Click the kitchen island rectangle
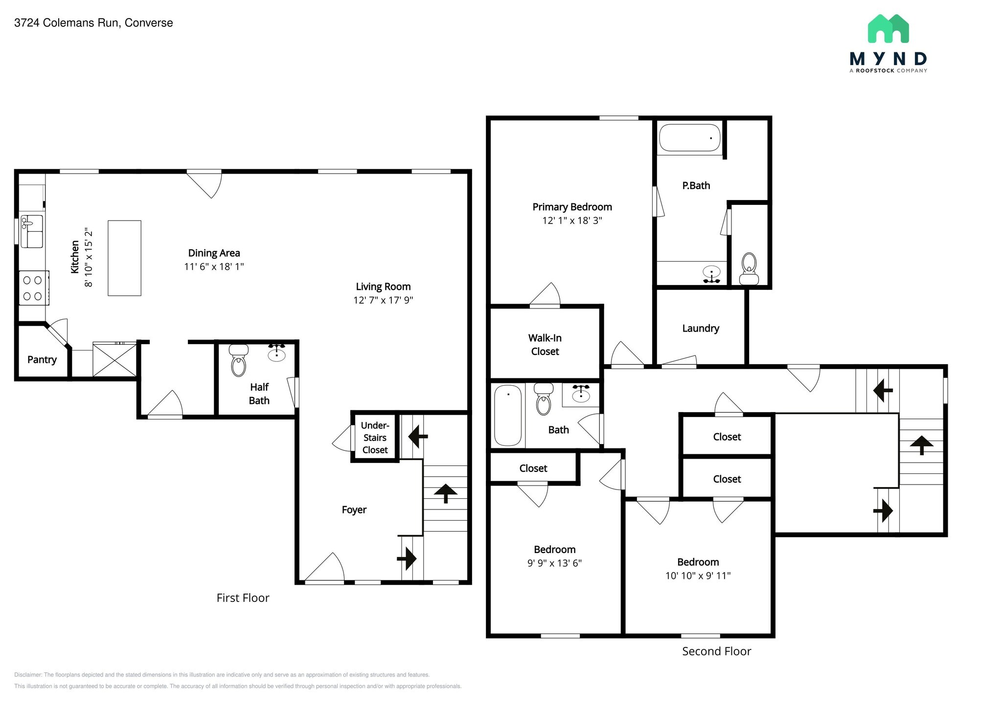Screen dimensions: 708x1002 pos(124,258)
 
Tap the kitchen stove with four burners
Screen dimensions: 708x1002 pos(33,288)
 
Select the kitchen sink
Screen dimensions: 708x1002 pos(32,231)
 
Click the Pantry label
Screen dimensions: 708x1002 pos(42,359)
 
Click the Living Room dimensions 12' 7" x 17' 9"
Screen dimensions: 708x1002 pos(383,300)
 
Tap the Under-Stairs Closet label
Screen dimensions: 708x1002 pos(375,438)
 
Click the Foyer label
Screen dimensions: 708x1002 pos(354,509)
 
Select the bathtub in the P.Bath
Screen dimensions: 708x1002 pos(689,137)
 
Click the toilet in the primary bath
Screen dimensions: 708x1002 pos(749,269)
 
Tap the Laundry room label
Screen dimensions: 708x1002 pos(701,328)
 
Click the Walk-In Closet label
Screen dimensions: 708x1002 pos(545,344)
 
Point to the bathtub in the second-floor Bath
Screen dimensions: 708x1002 pos(507,415)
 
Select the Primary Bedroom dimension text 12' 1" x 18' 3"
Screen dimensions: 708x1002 pos(572,221)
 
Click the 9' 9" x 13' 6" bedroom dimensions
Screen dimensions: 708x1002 pos(554,563)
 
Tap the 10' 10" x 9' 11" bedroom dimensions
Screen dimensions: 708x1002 pos(698,575)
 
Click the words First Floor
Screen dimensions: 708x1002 pos(243,597)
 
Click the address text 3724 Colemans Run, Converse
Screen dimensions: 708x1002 pos(93,23)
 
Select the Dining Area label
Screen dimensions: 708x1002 pos(214,253)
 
